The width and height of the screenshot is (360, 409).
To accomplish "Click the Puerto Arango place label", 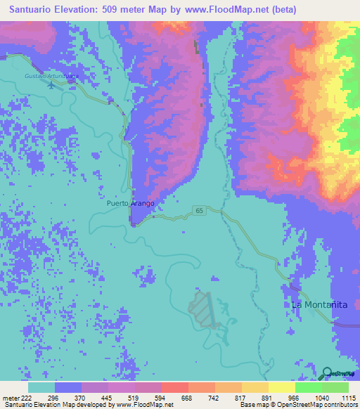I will coord(130,203).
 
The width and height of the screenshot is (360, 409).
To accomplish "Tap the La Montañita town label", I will coord(320,305).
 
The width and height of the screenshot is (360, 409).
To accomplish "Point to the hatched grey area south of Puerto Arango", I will coord(202,309).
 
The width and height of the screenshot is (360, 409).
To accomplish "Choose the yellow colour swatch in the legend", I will coord(281,387).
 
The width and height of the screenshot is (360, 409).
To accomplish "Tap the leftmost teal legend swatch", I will coord(41,387).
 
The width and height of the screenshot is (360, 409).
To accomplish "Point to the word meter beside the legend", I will coord(12,398).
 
